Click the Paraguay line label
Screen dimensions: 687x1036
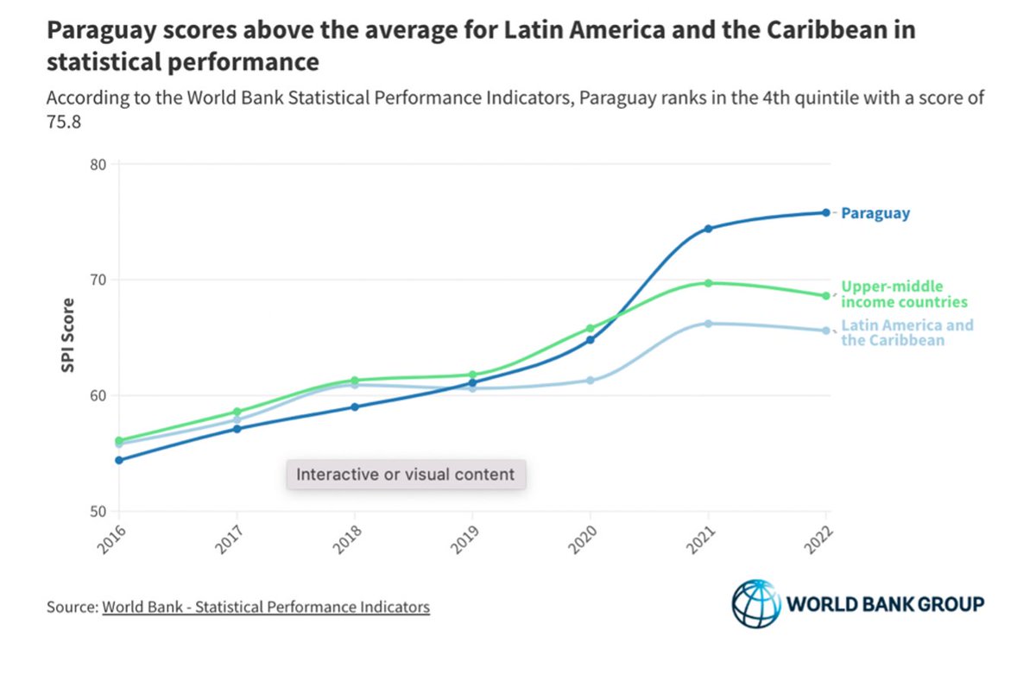click(875, 213)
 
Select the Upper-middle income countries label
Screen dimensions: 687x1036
click(903, 294)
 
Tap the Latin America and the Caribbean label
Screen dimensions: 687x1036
click(906, 332)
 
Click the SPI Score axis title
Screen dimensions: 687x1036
click(67, 336)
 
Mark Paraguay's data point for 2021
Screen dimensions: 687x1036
click(708, 229)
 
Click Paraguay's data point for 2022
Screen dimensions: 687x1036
click(825, 212)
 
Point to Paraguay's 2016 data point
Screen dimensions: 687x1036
click(118, 460)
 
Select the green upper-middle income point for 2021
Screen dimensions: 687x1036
click(708, 283)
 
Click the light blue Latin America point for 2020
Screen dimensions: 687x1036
click(591, 381)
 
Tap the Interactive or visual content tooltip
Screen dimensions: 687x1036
click(406, 474)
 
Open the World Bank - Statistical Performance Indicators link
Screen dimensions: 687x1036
click(266, 607)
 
